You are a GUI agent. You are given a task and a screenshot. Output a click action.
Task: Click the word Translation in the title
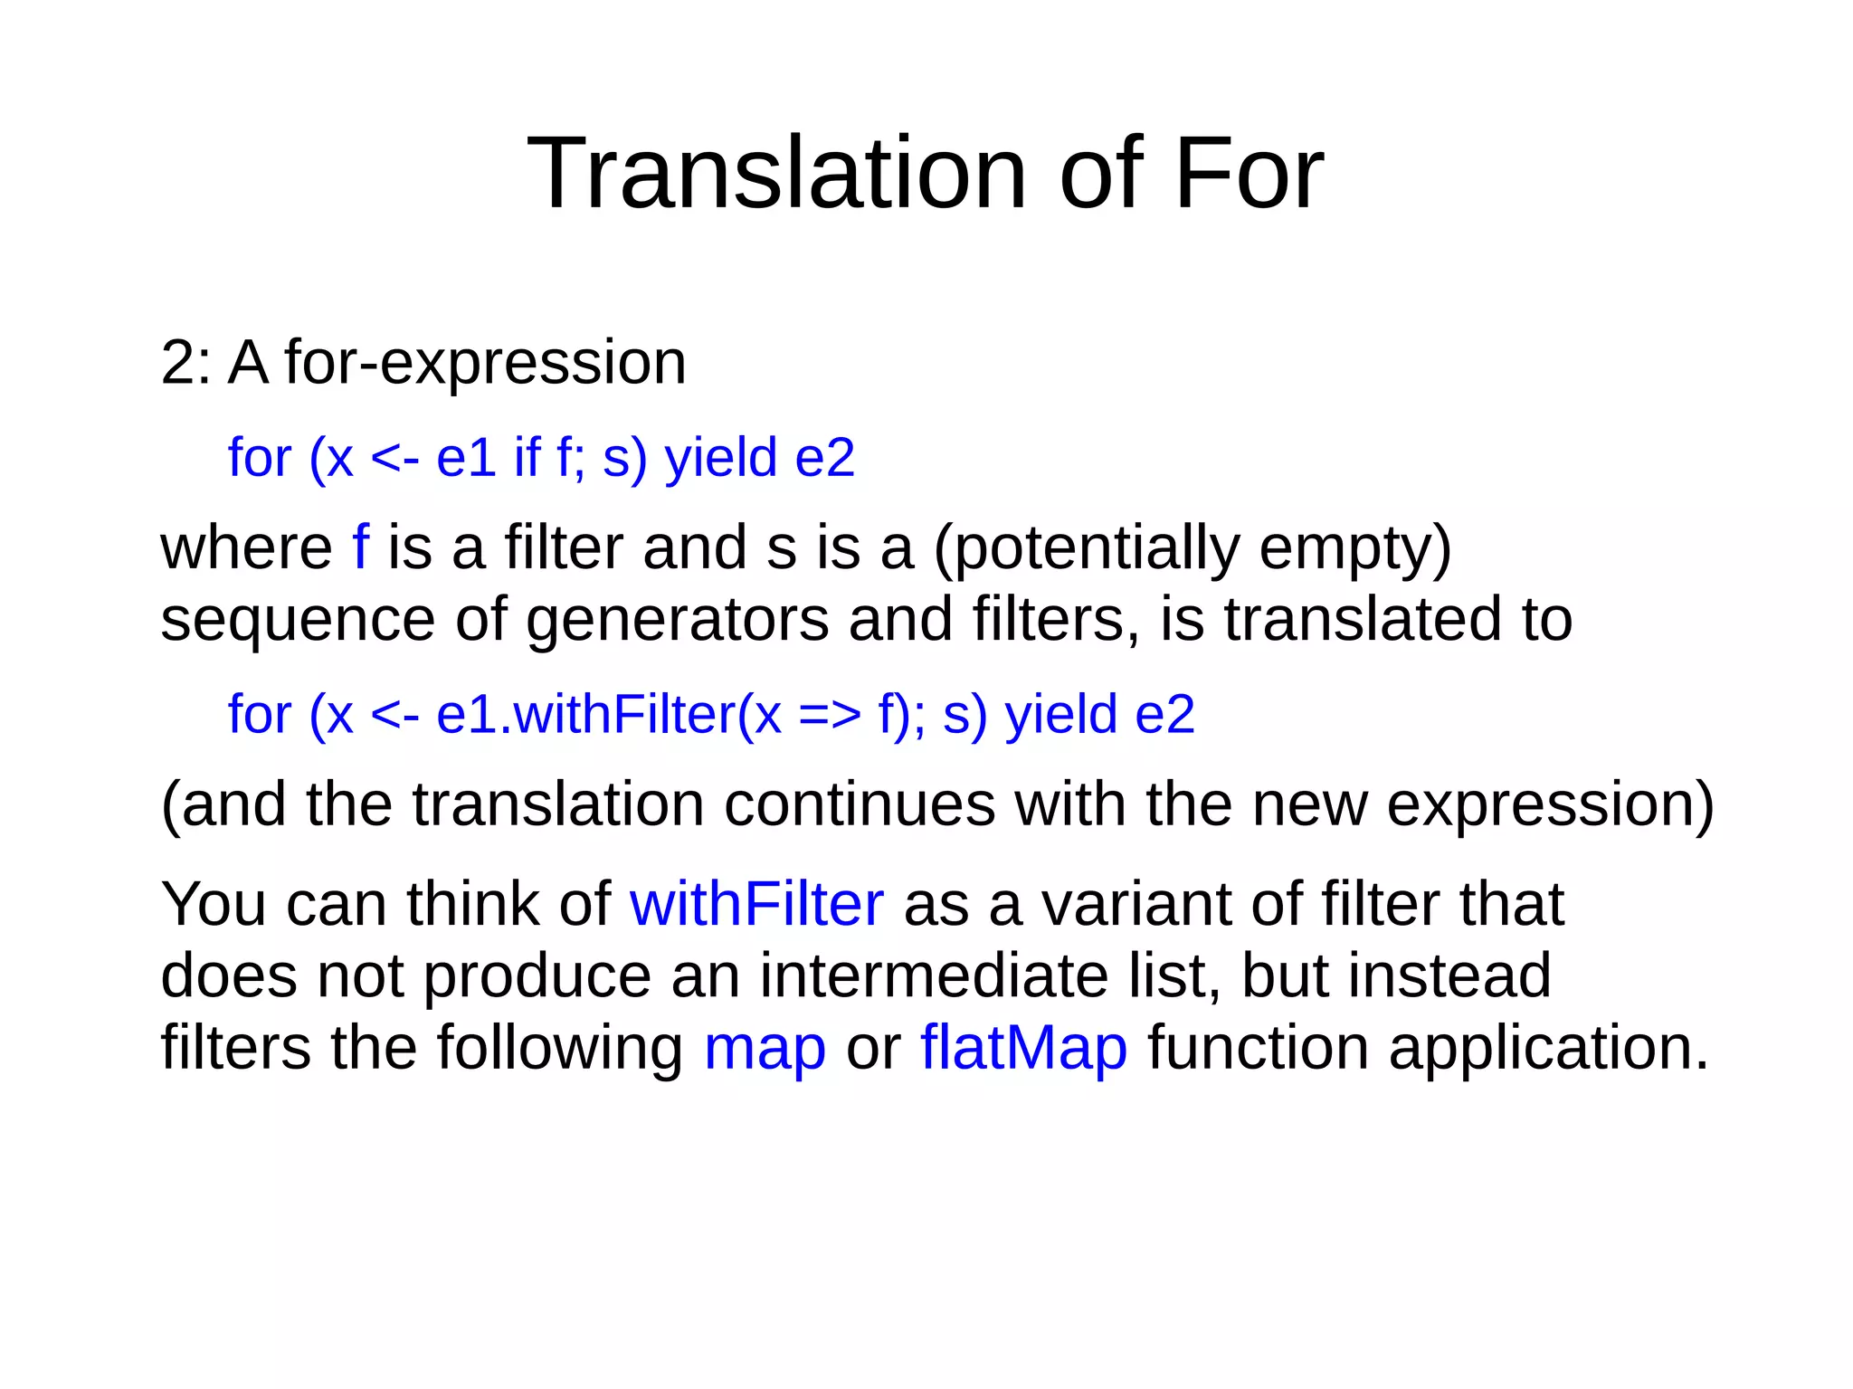click(x=775, y=173)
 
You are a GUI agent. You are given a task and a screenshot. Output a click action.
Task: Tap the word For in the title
click(x=1248, y=173)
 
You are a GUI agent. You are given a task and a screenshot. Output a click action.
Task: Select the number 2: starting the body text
click(x=186, y=363)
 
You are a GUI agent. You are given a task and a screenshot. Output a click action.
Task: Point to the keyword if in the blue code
click(x=527, y=457)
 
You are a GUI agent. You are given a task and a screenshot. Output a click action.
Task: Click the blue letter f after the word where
click(x=360, y=547)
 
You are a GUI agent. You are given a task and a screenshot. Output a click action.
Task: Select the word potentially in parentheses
click(x=1086, y=547)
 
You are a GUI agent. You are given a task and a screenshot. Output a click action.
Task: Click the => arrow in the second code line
click(x=830, y=715)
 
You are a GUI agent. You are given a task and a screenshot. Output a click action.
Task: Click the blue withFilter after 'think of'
click(x=756, y=904)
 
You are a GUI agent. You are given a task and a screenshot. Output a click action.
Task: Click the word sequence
click(x=298, y=620)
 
